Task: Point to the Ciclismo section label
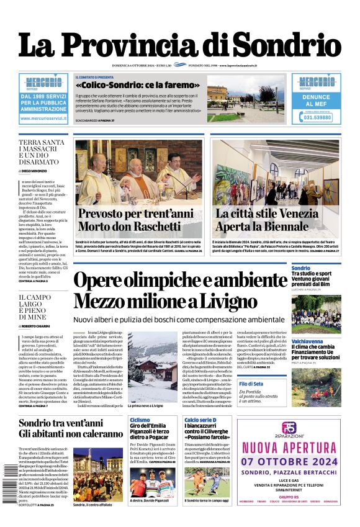coord(139,420)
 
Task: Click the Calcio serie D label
coord(200,420)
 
